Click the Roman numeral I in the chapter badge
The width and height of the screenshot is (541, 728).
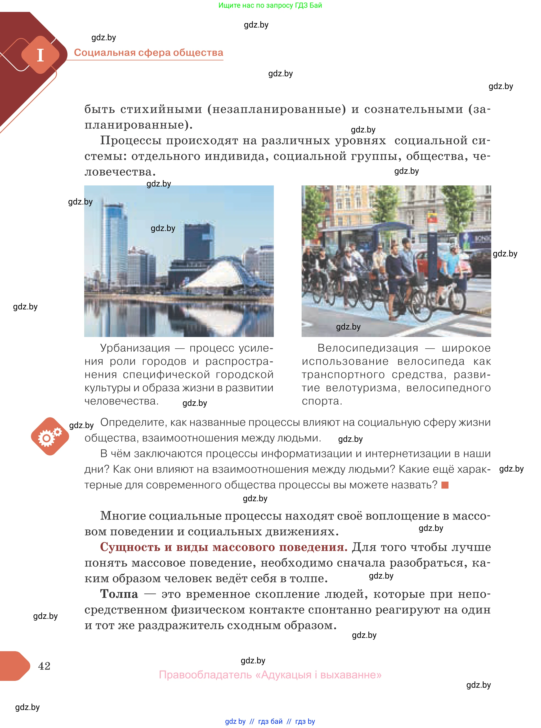[x=40, y=55]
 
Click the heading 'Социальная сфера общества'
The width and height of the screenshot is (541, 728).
[x=148, y=53]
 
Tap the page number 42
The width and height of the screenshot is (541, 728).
[x=44, y=666]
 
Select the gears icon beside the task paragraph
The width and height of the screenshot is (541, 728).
[x=50, y=436]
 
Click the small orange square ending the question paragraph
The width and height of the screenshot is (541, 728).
[x=445, y=485]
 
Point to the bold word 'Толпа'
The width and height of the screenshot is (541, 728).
[x=119, y=594]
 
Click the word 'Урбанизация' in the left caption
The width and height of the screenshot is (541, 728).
[x=135, y=348]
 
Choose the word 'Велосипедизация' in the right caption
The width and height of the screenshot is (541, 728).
[x=368, y=348]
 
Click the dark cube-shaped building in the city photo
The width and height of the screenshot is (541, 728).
[x=199, y=242]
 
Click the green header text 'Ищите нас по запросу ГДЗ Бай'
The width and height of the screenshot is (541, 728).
[x=270, y=5]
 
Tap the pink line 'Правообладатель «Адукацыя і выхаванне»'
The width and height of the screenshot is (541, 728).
[x=270, y=674]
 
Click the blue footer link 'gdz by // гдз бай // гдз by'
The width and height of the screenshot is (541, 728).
[x=270, y=721]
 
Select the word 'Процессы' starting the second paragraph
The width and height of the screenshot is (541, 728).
[x=131, y=141]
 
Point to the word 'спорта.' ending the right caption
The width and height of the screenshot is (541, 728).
[x=322, y=401]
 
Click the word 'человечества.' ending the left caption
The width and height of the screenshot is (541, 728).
[x=122, y=401]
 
